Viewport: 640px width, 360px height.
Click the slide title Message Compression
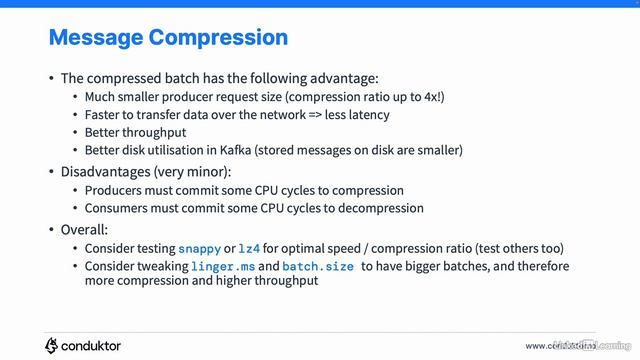(x=168, y=38)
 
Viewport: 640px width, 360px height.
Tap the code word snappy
(x=199, y=248)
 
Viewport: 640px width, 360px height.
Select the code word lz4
(x=250, y=248)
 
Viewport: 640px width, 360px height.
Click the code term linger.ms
(x=224, y=266)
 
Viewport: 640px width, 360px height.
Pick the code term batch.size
(x=318, y=266)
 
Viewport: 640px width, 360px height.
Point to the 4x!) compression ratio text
(x=428, y=97)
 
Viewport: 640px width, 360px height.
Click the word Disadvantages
(x=105, y=171)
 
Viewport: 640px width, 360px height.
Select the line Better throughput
(x=135, y=132)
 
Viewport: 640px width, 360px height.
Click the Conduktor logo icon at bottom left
(x=52, y=345)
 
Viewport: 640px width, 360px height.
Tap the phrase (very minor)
(x=190, y=171)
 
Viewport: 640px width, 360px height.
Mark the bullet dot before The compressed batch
(x=52, y=78)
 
